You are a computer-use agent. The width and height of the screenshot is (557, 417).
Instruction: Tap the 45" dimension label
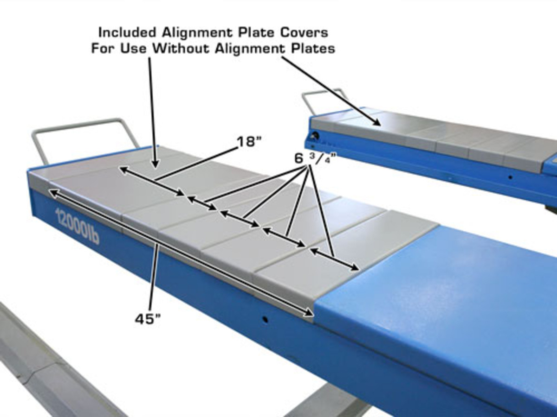click(x=148, y=319)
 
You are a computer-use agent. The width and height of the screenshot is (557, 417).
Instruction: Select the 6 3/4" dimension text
click(x=316, y=158)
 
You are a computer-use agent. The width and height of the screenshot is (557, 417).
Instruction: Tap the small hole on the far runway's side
click(x=510, y=177)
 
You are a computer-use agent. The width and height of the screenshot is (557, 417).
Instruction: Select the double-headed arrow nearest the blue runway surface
click(x=334, y=259)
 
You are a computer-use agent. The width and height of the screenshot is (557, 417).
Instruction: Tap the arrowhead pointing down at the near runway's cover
click(x=155, y=163)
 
